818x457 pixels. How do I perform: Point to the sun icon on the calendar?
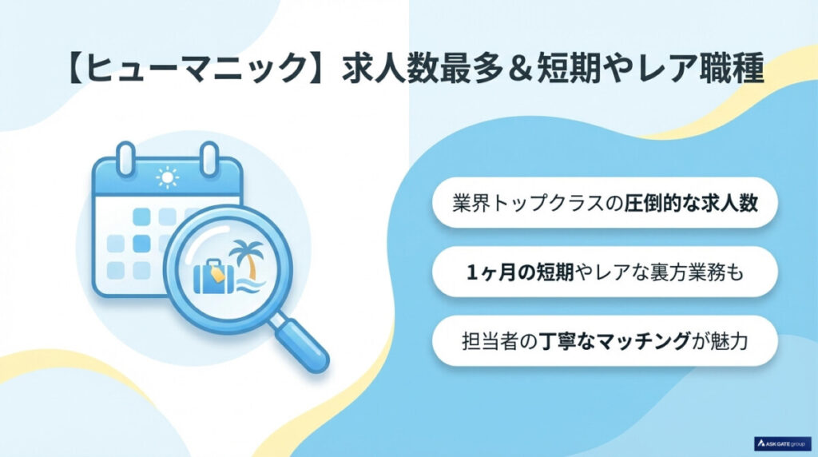(168, 177)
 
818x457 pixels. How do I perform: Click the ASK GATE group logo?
(783, 441)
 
